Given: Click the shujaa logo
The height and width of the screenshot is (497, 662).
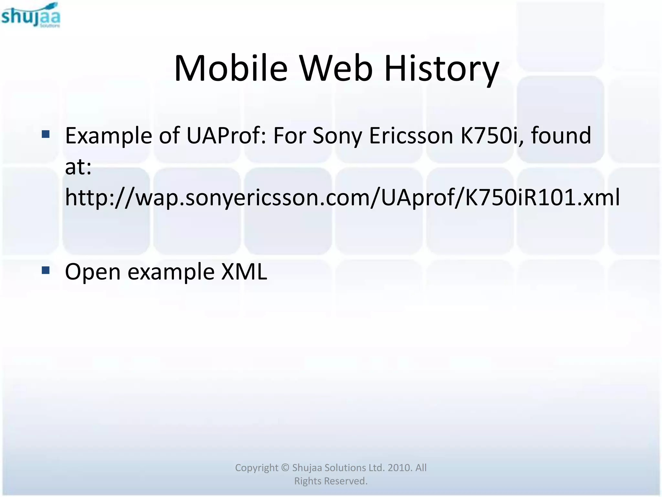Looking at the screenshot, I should [x=31, y=16].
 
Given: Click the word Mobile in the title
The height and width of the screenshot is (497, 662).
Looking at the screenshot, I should [x=230, y=69].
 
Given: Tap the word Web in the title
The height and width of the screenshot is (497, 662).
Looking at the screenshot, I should [x=336, y=69].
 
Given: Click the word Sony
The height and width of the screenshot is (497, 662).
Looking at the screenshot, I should [x=337, y=136].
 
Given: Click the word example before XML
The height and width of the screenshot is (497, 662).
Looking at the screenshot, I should [x=171, y=272].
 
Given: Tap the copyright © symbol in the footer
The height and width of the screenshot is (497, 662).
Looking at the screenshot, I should [x=285, y=468].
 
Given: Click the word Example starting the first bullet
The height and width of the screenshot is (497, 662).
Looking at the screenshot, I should [x=109, y=136].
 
